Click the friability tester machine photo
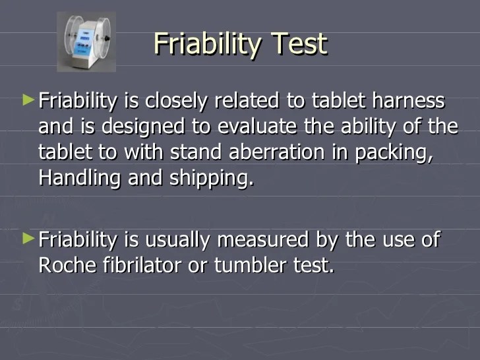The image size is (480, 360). tap(86, 41)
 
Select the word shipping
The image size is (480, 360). tap(211, 179)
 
